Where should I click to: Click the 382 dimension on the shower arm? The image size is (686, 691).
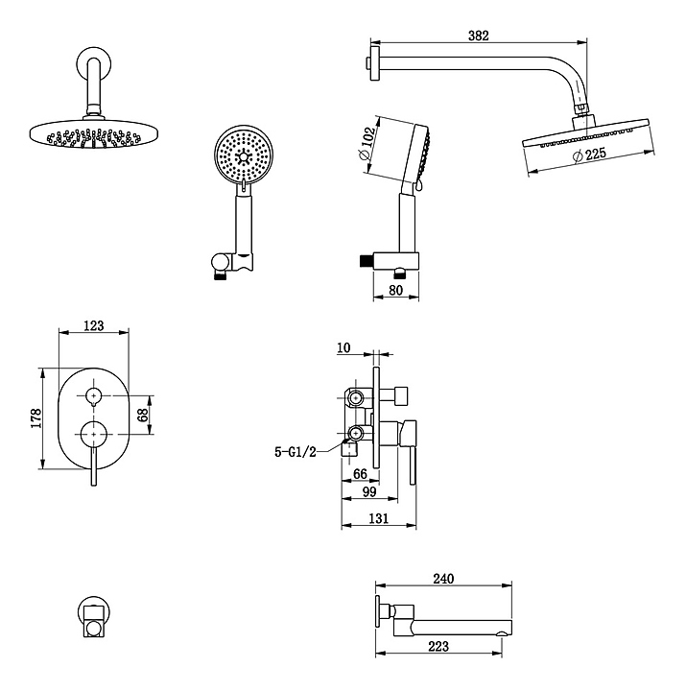coord(479,36)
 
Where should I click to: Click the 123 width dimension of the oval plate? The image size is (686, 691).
coord(94,326)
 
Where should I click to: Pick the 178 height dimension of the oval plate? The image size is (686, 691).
coord(35,417)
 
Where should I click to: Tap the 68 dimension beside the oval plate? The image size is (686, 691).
coord(144,415)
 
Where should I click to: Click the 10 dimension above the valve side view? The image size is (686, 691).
coord(344,347)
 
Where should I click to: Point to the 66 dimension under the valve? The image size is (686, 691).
coord(361,473)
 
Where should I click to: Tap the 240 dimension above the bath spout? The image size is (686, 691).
coord(443,578)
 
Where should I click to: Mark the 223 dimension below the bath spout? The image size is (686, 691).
coord(438,647)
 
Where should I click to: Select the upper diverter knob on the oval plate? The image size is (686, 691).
coord(94,394)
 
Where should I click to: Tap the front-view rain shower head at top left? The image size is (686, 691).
coord(92,134)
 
